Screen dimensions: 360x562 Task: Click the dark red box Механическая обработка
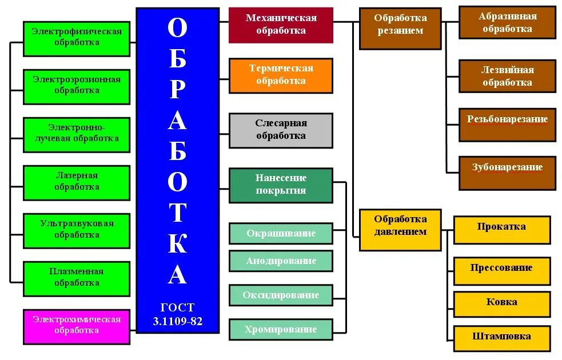281,25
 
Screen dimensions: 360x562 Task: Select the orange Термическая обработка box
281,75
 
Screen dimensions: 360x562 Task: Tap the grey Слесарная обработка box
281,130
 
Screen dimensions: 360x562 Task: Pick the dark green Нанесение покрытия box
281,185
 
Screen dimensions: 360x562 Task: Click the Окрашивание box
281,234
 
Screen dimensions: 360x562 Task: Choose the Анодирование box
281,261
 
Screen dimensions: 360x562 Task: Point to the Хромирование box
281,330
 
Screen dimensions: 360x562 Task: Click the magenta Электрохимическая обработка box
77,326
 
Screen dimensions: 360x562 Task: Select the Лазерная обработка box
77,182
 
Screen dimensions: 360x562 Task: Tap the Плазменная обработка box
77,278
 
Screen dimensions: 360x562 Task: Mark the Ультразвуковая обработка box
77,230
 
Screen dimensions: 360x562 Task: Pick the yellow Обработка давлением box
400,230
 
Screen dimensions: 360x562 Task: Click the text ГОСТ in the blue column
177,309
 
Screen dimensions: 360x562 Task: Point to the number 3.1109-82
177,321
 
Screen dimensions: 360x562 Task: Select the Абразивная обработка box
507,23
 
